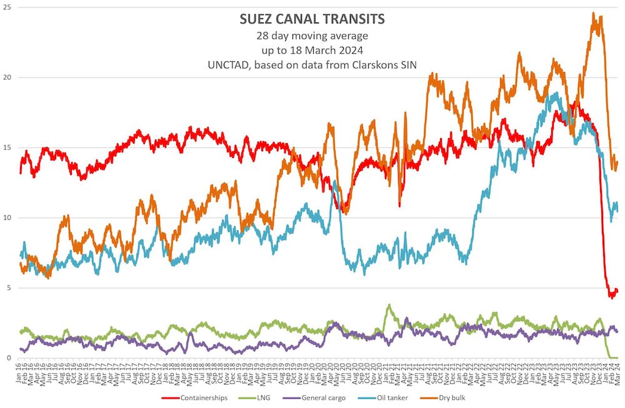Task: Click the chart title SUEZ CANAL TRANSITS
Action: [x=312, y=19]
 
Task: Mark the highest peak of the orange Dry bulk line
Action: [x=592, y=12]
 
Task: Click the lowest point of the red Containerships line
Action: [x=611, y=297]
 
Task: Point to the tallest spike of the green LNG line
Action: [x=389, y=305]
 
